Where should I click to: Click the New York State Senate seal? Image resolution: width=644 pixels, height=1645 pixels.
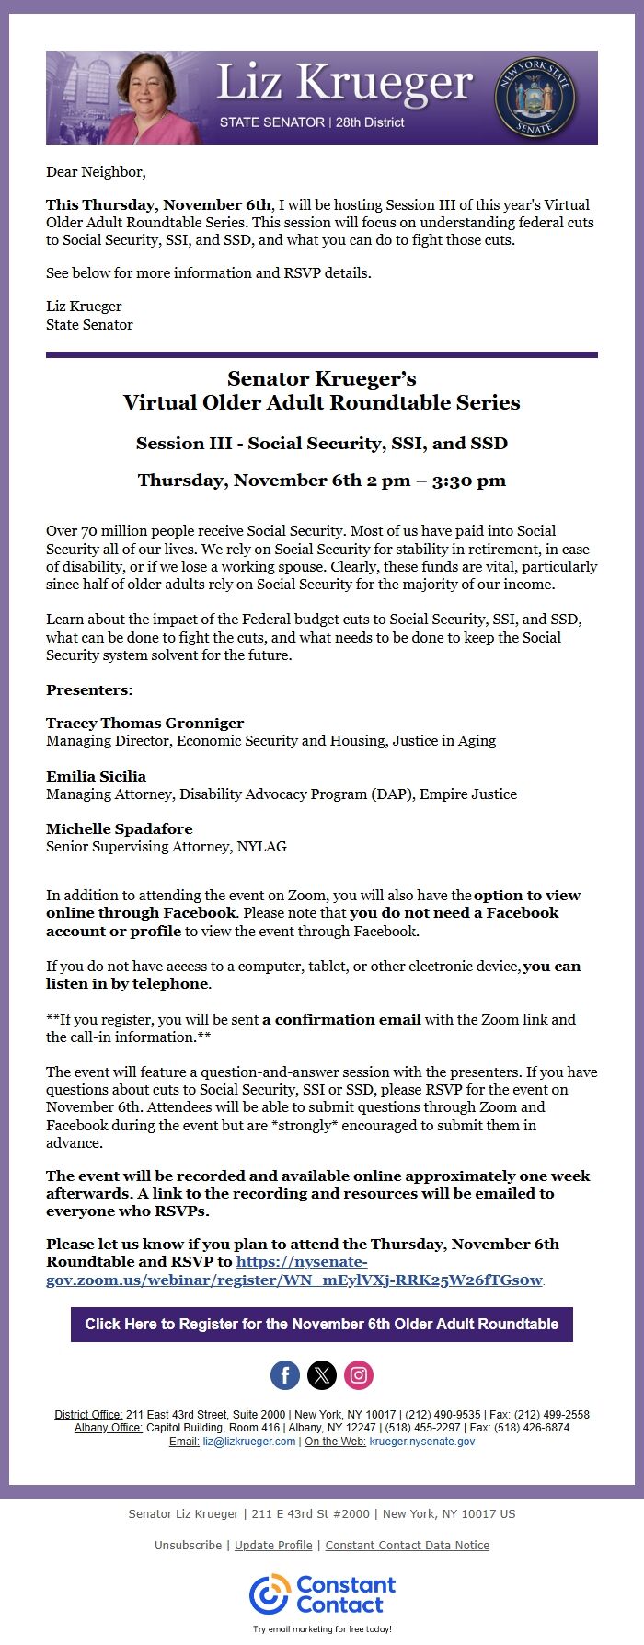[535, 98]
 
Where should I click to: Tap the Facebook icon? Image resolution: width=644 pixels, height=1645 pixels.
[285, 1375]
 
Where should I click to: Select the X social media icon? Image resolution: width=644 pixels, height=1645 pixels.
[322, 1375]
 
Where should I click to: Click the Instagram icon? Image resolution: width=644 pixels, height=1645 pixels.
[359, 1375]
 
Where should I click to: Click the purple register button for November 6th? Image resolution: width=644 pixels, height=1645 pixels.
[322, 1324]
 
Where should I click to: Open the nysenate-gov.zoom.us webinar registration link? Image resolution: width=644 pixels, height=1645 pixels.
[294, 1280]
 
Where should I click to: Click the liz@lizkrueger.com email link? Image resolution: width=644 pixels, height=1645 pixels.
[249, 1442]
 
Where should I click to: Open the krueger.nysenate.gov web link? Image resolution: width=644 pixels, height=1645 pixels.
[422, 1442]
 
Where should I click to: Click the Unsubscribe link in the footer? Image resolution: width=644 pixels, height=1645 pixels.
[188, 1545]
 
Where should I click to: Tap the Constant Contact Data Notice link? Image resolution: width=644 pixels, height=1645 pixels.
[408, 1545]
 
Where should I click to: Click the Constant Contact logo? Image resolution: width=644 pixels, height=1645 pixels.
[322, 1594]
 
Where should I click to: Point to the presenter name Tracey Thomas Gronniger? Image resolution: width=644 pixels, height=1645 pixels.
[144, 723]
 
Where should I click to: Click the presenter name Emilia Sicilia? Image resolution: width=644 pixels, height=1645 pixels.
[96, 776]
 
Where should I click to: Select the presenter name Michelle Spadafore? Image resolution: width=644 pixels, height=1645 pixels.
[120, 828]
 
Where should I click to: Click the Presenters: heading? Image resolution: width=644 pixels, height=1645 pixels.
[89, 689]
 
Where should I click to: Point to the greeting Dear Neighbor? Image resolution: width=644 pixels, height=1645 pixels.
[96, 171]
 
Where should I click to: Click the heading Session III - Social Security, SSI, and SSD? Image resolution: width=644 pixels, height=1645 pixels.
[322, 443]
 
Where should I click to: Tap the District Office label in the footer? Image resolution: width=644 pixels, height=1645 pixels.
[88, 1414]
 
